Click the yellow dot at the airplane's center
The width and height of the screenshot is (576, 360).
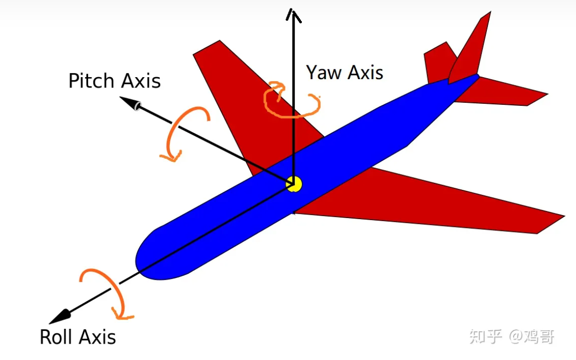click(x=294, y=184)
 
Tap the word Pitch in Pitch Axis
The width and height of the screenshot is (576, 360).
click(x=91, y=81)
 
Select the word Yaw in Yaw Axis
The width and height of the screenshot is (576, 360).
click(x=324, y=72)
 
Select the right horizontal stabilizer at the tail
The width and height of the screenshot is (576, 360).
click(x=515, y=94)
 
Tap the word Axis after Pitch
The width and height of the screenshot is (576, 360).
click(x=139, y=81)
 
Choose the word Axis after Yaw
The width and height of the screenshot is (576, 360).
click(x=365, y=72)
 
